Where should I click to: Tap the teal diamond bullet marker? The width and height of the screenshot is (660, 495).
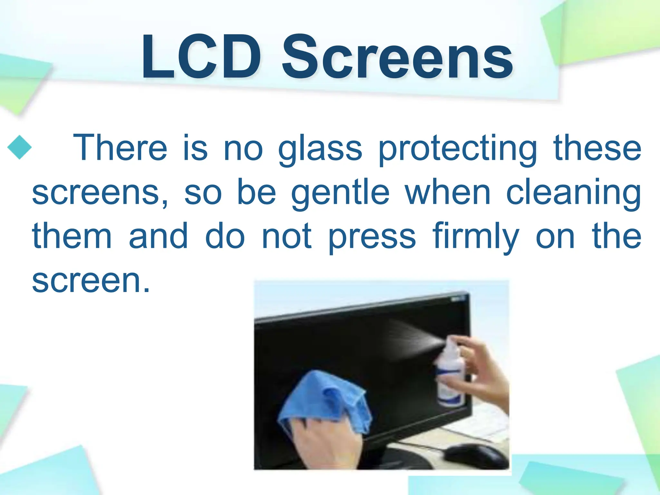point(19,147)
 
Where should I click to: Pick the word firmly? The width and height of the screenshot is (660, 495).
point(476,237)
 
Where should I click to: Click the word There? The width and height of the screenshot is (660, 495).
point(120,148)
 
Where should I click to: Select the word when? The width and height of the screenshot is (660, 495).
point(448,192)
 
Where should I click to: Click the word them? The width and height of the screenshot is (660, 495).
point(72,236)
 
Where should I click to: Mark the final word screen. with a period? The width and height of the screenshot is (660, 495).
point(91,280)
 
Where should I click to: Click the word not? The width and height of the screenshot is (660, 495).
point(287,237)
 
